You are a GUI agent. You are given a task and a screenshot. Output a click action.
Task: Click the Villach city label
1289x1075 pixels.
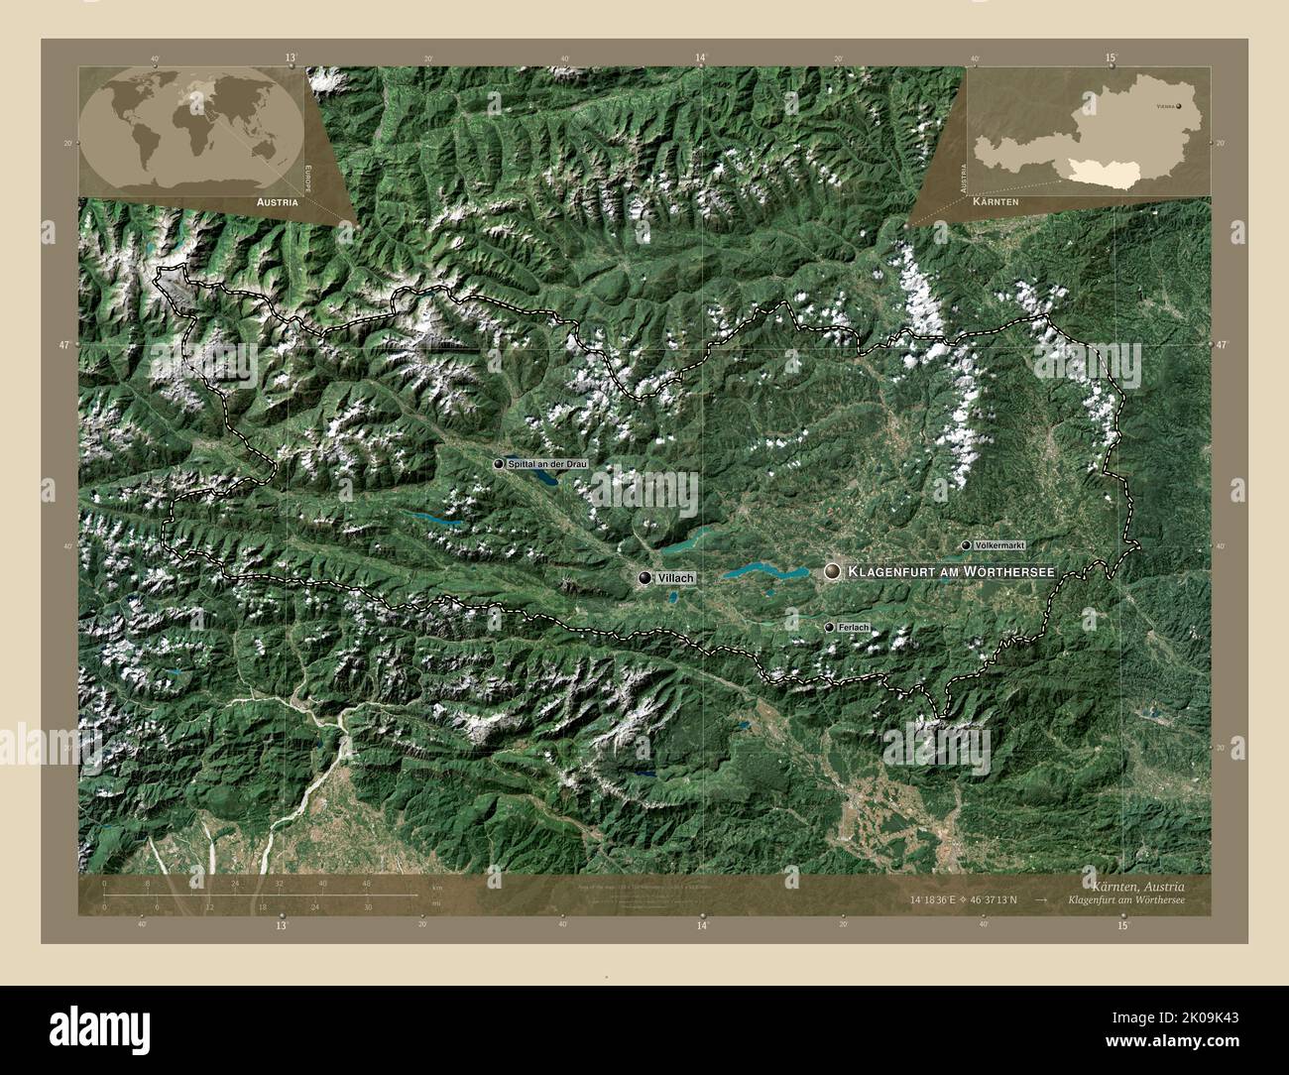(675, 577)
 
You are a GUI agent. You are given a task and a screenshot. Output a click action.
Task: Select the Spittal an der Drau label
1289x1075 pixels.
(547, 463)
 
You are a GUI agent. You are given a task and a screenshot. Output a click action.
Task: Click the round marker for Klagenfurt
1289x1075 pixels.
(832, 570)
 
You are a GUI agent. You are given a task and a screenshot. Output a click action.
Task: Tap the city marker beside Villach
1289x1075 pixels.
(646, 577)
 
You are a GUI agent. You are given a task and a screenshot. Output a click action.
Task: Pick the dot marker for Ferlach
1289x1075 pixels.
(829, 628)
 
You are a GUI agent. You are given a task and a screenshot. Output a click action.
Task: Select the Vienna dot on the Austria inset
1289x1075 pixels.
(1179, 104)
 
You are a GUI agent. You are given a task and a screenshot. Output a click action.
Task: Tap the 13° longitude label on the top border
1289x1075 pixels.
(291, 59)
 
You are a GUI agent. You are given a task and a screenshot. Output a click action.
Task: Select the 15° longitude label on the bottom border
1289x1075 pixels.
(1121, 925)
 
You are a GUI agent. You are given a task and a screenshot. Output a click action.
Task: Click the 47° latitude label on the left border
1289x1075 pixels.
(63, 344)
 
